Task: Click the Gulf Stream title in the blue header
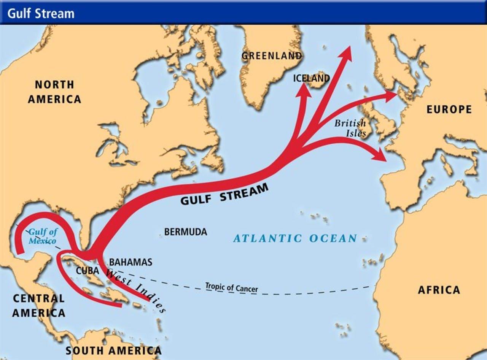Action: pos(41,14)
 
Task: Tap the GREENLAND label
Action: pos(272,56)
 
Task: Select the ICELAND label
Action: pos(311,78)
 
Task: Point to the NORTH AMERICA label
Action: pos(54,92)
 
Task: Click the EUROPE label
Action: pos(449,110)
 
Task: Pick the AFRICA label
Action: pos(439,290)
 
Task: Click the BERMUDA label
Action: pos(186,232)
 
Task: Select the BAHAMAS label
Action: pos(131,262)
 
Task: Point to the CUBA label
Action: pos(88,271)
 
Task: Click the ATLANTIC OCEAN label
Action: pos(295,239)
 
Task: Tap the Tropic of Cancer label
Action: pos(231,287)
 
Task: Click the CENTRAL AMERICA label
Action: pos(38,306)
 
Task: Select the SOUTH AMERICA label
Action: pos(113,350)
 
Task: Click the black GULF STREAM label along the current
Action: pos(224,194)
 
